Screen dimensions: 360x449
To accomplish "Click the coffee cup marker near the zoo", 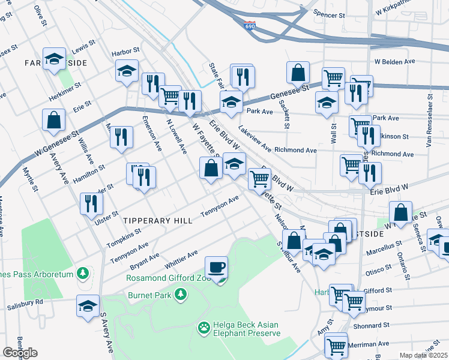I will (x=216, y=266).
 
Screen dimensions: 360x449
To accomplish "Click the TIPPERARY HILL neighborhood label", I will (x=158, y=221).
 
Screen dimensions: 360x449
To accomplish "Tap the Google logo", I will (x=20, y=353).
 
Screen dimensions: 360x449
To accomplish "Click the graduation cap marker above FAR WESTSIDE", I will (x=55, y=59).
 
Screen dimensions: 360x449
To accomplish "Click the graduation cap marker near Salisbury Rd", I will (x=88, y=305).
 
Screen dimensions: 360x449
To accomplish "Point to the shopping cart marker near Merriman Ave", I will (x=336, y=344).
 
